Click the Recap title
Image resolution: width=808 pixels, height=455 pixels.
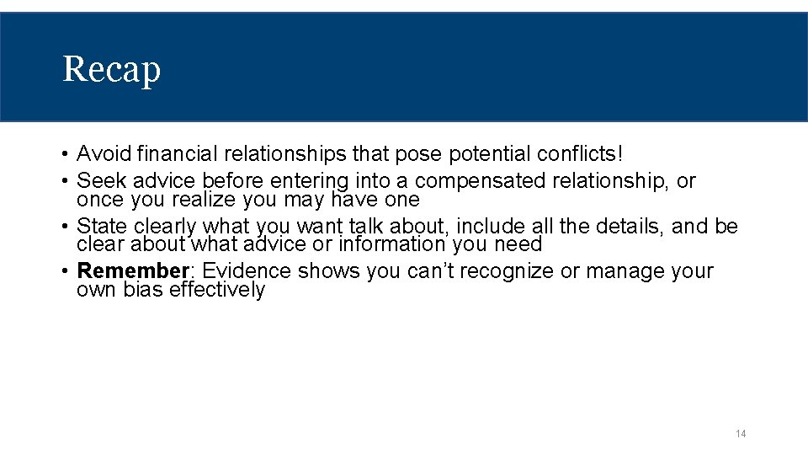point(111,69)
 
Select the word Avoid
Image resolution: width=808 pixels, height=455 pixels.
point(104,154)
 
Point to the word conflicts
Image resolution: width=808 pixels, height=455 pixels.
point(577,154)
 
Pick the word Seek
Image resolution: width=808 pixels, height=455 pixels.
point(98,181)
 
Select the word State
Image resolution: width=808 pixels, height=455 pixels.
point(102,227)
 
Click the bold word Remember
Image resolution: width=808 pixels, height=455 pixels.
point(131,271)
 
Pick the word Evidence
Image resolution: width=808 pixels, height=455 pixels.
point(247,271)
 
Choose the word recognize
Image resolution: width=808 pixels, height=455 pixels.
point(486,271)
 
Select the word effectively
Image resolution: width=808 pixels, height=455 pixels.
point(217,290)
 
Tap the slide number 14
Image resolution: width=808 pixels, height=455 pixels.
point(741,434)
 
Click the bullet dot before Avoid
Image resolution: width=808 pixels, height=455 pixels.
point(65,155)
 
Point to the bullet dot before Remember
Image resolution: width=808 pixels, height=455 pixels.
point(65,272)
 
